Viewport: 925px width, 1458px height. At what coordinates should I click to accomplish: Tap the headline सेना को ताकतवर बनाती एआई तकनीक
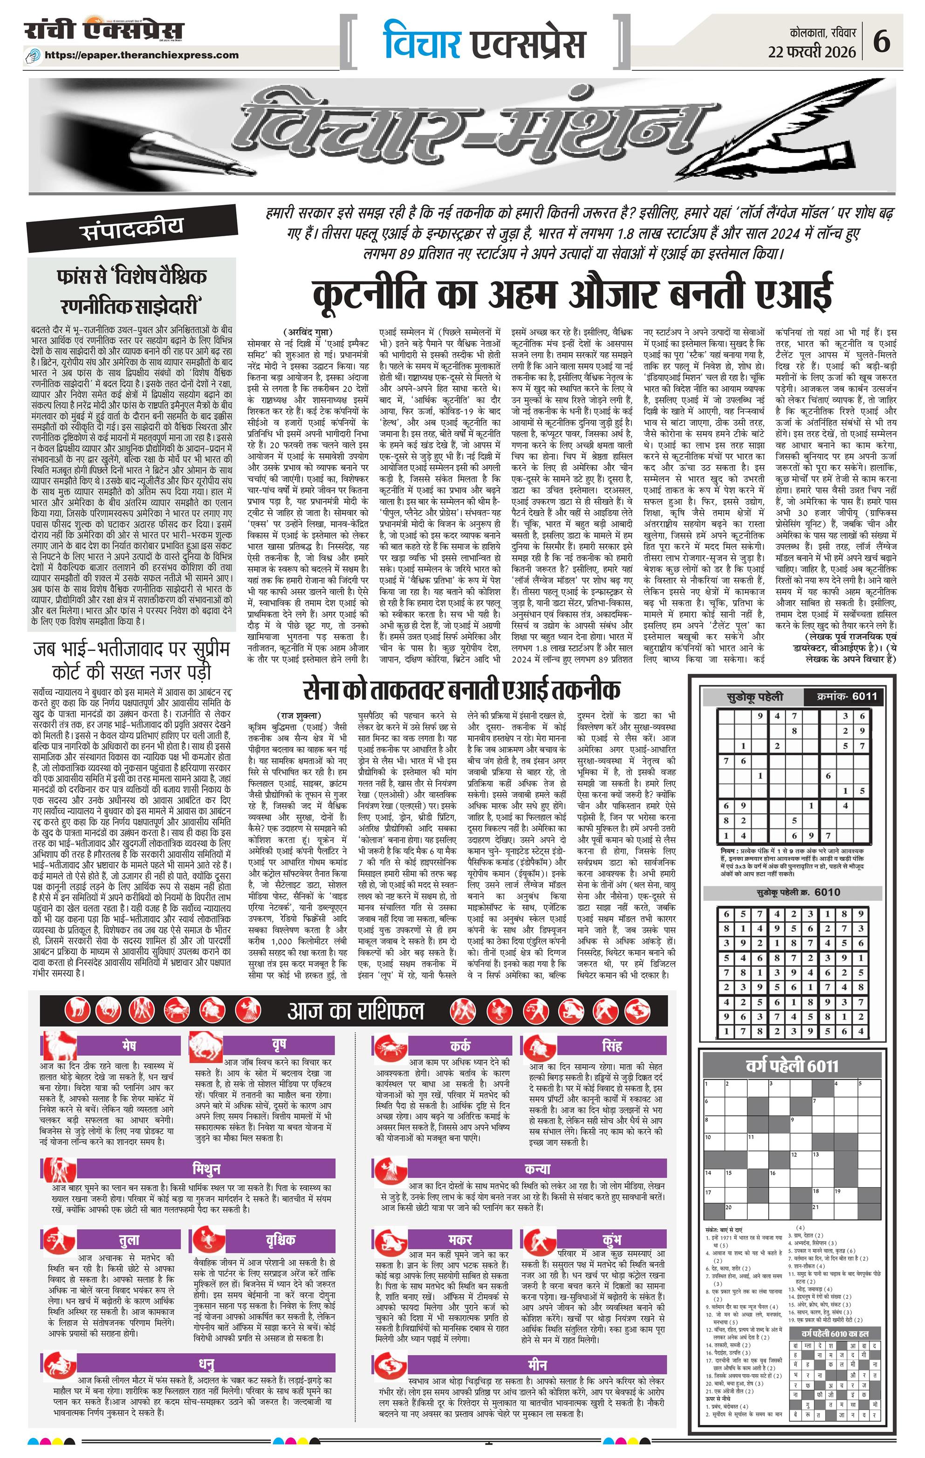(462, 690)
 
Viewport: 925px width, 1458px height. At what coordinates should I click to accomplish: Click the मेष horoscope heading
(128, 1046)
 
